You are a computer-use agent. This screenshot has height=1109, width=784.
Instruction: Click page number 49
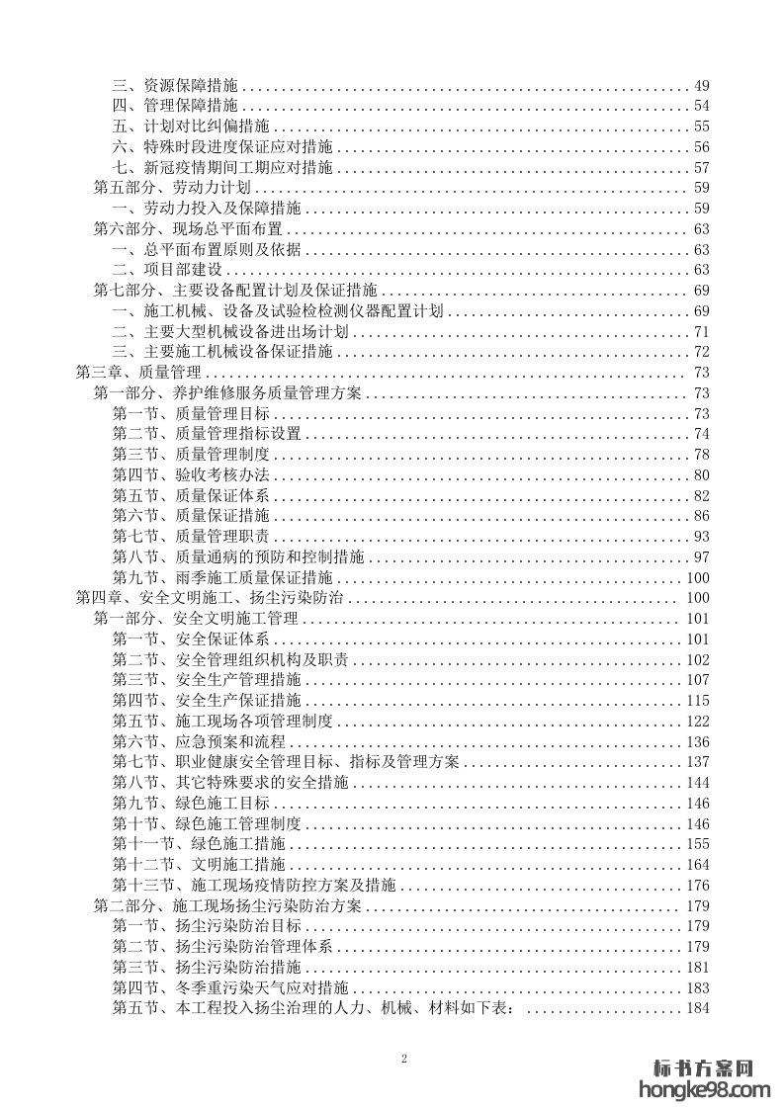[x=702, y=85]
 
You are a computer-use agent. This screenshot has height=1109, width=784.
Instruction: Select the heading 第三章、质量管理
[x=138, y=373]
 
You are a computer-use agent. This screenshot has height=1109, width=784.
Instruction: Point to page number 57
[x=702, y=167]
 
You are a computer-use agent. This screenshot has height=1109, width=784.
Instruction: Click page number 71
[x=702, y=331]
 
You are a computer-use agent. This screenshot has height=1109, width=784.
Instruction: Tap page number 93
[x=702, y=537]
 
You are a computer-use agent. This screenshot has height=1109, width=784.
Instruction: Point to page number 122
[x=698, y=721]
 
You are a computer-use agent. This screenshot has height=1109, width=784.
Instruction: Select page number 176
[x=698, y=885]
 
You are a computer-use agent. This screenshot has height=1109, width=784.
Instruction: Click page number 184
[x=698, y=1008]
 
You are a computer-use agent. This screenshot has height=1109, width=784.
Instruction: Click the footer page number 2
[x=404, y=1058]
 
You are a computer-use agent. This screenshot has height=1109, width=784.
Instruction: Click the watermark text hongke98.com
[x=706, y=1090]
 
